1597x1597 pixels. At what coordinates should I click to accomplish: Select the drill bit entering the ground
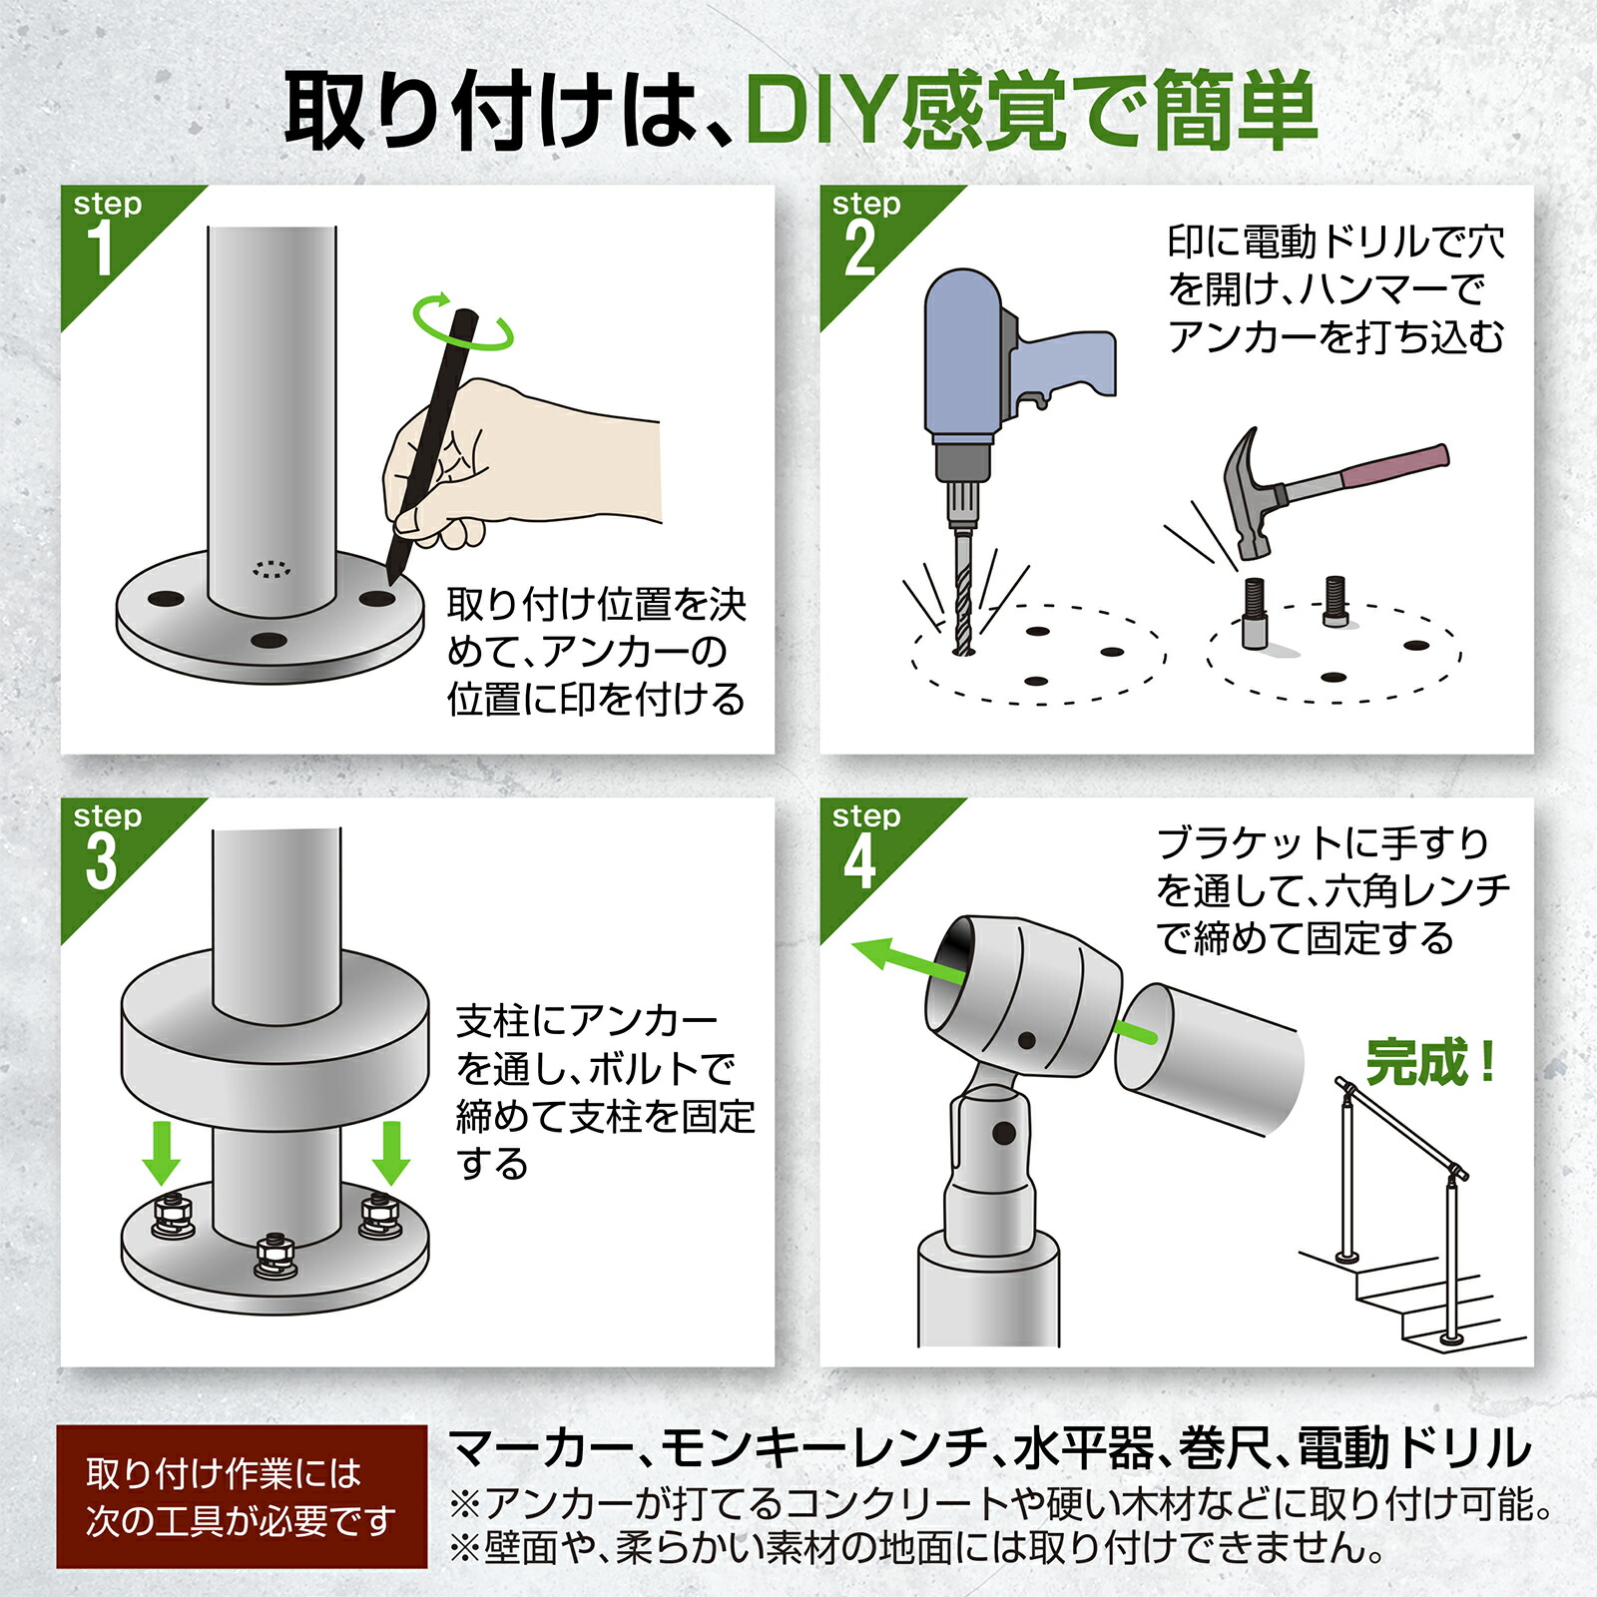[962, 594]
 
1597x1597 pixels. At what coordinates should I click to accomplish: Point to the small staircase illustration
[1417, 1298]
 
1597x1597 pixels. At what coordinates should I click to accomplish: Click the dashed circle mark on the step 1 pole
[271, 569]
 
